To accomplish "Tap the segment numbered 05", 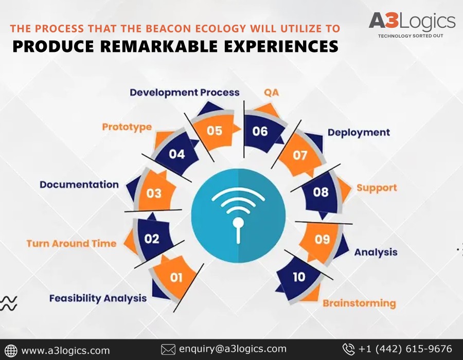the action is click(215, 131).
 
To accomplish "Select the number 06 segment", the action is click(260, 131).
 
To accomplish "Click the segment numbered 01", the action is click(176, 277).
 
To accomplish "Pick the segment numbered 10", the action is click(299, 277).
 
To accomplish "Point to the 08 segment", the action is click(321, 192).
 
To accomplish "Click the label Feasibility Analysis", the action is click(98, 298).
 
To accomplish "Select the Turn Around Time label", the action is click(72, 243).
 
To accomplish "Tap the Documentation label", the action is click(79, 185).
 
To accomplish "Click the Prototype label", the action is click(127, 127).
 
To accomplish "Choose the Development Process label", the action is click(185, 93).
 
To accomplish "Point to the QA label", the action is click(271, 93).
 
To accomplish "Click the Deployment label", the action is click(359, 133).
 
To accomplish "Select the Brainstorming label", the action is click(360, 303).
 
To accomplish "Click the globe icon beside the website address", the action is click(11, 351).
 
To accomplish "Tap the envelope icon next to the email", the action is click(168, 350).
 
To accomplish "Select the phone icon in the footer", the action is click(348, 349).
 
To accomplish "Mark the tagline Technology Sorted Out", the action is click(411, 36).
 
